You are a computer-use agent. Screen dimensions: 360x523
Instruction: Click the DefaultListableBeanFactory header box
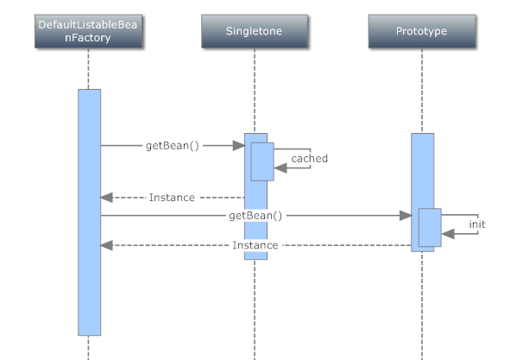[x=88, y=32]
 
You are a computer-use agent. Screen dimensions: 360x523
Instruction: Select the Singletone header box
[x=254, y=32]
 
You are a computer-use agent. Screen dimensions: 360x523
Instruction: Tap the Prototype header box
[x=421, y=32]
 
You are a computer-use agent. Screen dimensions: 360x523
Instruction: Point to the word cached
[x=309, y=159]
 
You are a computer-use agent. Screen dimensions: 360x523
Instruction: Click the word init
[x=477, y=224]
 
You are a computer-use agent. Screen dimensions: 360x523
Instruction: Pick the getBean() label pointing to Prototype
[x=255, y=215]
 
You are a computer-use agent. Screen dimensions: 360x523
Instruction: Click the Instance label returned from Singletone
[x=172, y=198]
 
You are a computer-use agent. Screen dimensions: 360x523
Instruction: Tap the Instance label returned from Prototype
[x=255, y=245]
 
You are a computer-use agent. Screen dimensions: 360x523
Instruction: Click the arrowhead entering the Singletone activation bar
[x=238, y=146]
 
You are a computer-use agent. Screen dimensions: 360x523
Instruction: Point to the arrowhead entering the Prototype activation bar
[x=406, y=215]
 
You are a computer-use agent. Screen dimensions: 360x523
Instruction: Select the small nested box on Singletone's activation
[x=262, y=161]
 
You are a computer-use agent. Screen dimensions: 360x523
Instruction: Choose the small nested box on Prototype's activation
[x=430, y=227]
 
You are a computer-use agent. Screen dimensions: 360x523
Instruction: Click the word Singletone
[x=254, y=32]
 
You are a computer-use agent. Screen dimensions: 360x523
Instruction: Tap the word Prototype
[x=421, y=32]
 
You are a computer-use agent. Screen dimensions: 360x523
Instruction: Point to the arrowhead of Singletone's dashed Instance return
[x=107, y=198]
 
